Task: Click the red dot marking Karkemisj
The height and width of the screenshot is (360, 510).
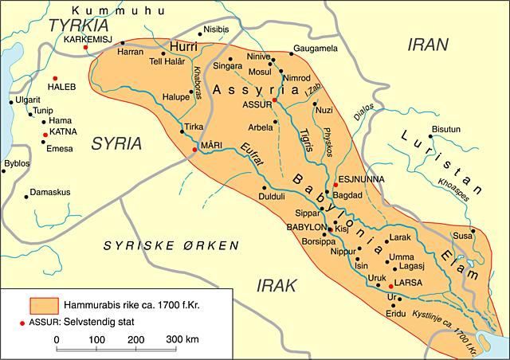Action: pos(85,48)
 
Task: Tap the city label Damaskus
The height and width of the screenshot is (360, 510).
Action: pos(52,193)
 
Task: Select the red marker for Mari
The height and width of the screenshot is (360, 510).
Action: pos(193,149)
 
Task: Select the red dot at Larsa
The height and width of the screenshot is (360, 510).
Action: pos(388,284)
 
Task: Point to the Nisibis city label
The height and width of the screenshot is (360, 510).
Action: pos(222,29)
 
